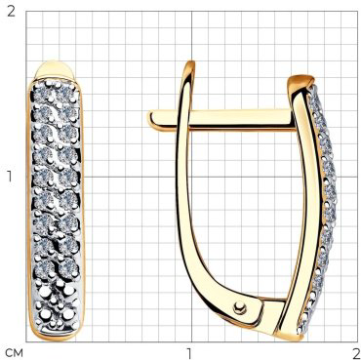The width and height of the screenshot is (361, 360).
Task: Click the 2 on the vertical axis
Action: pyautogui.click(x=11, y=12)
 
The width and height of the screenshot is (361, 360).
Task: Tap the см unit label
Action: pyautogui.click(x=14, y=352)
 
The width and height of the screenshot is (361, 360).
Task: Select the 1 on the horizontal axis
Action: pyautogui.click(x=188, y=352)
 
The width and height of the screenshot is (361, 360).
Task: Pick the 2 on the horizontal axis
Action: pyautogui.click(x=355, y=352)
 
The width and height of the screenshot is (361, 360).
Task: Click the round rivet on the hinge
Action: pyautogui.click(x=240, y=307)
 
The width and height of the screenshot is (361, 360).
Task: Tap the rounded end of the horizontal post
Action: pyautogui.click(x=151, y=119)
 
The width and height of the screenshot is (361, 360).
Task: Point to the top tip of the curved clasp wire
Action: pyautogui.click(x=191, y=61)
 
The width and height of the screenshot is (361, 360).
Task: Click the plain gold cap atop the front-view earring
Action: pyautogui.click(x=55, y=69)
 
